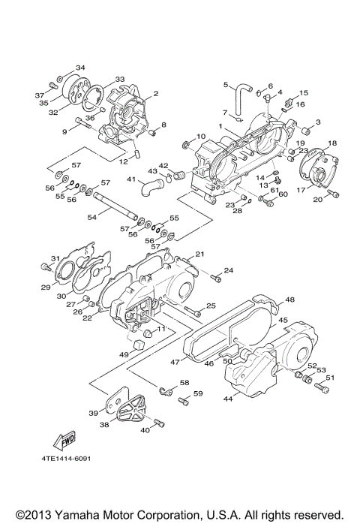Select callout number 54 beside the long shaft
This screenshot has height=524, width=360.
(x=92, y=217)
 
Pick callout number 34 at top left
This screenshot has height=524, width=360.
(x=80, y=67)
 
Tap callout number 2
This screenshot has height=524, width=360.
(x=156, y=94)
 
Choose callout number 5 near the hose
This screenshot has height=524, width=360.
(x=224, y=85)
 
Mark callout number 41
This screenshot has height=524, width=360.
(x=130, y=179)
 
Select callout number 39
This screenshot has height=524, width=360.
(x=94, y=413)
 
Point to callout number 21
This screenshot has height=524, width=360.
(x=200, y=254)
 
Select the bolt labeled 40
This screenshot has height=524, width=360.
(x=145, y=425)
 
